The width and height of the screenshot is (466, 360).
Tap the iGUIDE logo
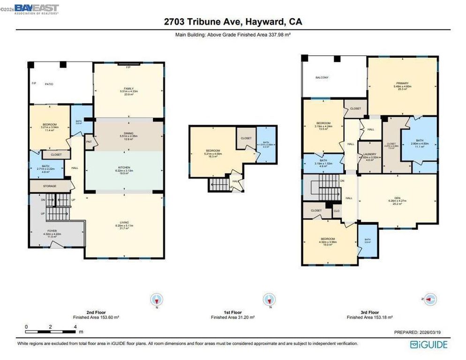(x=428, y=345)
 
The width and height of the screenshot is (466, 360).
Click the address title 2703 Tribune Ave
(x=233, y=22)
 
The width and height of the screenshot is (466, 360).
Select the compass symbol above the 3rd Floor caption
(x=429, y=299)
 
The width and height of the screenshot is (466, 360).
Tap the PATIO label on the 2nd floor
(x=49, y=84)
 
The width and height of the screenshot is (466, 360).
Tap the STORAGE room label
(x=50, y=186)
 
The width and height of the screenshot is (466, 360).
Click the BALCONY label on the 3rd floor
(x=322, y=77)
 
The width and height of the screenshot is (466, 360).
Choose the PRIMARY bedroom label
(x=402, y=83)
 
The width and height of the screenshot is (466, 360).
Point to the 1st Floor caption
(x=233, y=312)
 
